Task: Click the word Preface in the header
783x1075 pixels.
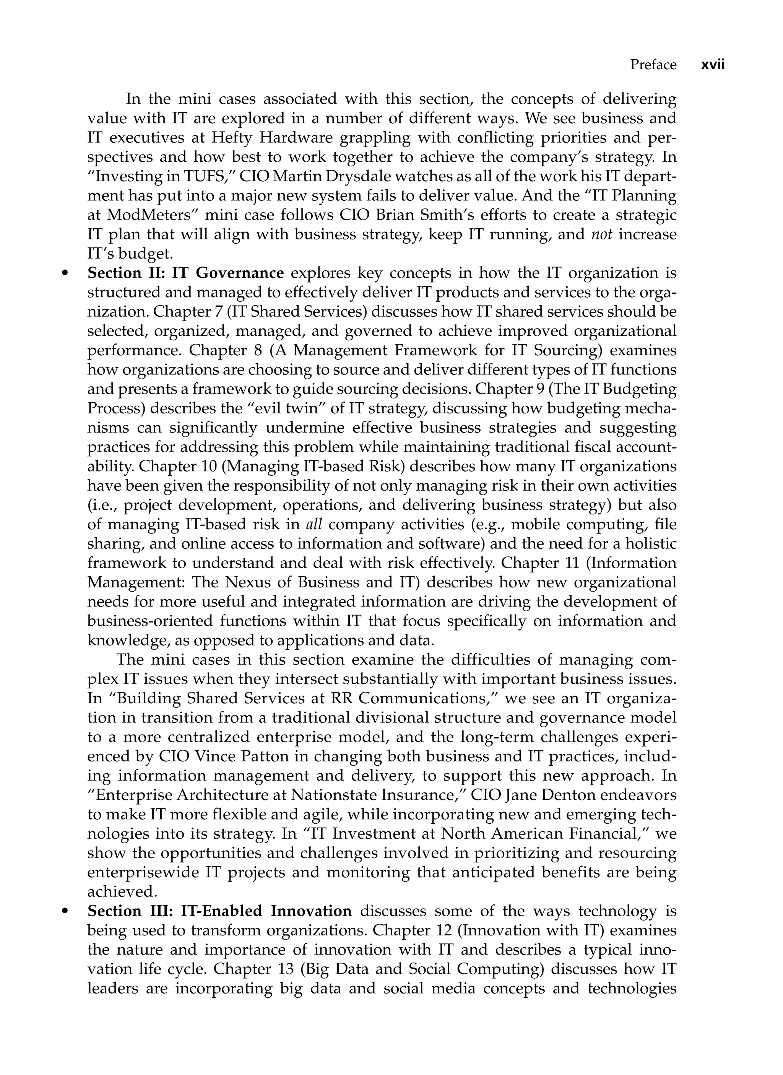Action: (653, 65)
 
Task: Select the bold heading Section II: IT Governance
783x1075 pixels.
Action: (185, 273)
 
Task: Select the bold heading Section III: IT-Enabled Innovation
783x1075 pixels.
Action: (219, 911)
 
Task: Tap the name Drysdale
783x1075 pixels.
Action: (331, 177)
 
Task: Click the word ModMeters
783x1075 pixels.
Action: (145, 216)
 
